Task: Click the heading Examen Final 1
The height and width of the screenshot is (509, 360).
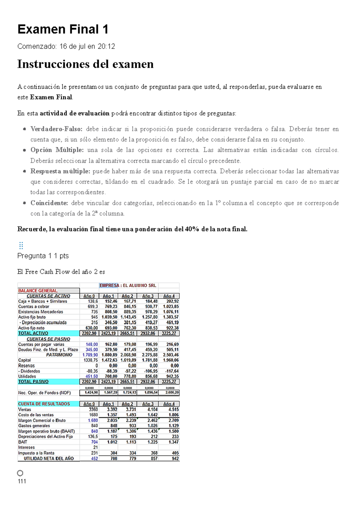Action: pyautogui.click(x=63, y=29)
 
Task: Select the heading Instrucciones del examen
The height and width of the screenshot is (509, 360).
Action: pyautogui.click(x=85, y=64)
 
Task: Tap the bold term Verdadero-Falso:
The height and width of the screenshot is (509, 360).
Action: pyautogui.click(x=56, y=129)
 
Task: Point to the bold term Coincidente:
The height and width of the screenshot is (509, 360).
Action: pyautogui.click(x=49, y=203)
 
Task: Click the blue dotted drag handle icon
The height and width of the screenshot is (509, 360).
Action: pyautogui.click(x=21, y=246)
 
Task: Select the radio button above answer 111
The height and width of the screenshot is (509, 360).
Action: pyautogui.click(x=20, y=473)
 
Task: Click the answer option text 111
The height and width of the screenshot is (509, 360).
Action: pyautogui.click(x=22, y=481)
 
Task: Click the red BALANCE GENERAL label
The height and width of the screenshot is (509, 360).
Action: pyautogui.click(x=38, y=290)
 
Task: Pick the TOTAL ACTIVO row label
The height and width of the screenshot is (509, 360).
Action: pyautogui.click(x=33, y=333)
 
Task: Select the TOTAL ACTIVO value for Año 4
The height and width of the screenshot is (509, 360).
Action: pyautogui.click(x=169, y=333)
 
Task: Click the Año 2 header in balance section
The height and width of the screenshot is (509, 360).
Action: pyautogui.click(x=127, y=296)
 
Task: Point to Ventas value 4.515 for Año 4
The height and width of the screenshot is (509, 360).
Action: pyautogui.click(x=173, y=409)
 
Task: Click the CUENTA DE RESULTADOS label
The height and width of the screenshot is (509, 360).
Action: pyautogui.click(x=44, y=404)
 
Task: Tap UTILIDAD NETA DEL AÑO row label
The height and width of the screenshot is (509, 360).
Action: pyautogui.click(x=49, y=458)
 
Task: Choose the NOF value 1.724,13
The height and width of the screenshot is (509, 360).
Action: pyautogui.click(x=129, y=392)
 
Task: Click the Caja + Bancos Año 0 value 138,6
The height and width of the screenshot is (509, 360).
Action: pyautogui.click(x=93, y=301)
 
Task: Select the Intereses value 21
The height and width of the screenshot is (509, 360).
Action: pyautogui.click(x=95, y=447)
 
